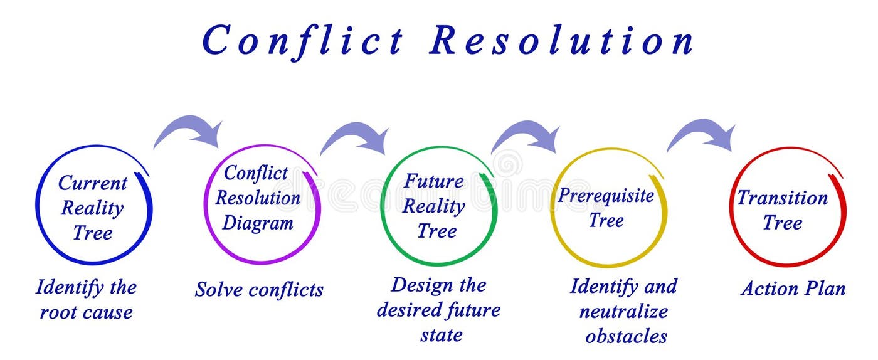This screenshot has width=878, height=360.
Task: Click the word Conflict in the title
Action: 303,40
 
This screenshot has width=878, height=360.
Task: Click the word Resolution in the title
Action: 561,40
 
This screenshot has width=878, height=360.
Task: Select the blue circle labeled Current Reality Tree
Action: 93,207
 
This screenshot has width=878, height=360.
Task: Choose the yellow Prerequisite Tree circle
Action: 607,208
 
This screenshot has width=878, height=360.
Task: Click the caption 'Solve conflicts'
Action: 259,289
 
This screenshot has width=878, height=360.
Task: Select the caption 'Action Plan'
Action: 793,289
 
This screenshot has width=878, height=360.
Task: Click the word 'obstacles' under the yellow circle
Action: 626,337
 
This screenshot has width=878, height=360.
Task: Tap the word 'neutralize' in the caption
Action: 623,312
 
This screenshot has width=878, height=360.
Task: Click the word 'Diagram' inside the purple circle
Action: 258,223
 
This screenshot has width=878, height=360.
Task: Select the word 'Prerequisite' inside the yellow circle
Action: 606,196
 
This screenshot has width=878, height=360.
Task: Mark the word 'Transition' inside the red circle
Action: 782,198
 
